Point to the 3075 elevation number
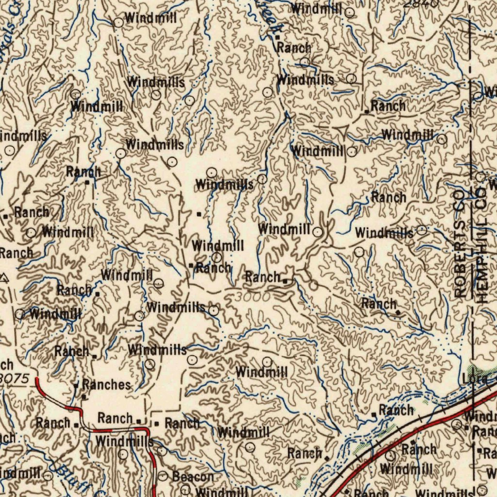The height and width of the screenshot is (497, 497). [x=16, y=377]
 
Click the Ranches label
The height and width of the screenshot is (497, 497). [x=106, y=385]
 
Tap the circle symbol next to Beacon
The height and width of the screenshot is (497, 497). [x=163, y=476]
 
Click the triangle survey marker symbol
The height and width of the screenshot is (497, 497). [x=4, y=278]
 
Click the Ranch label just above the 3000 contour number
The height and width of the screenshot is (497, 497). [x=263, y=277]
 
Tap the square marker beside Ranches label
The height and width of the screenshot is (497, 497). [x=76, y=386]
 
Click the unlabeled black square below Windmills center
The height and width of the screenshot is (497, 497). [x=199, y=213]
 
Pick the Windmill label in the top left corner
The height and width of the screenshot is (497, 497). [x=150, y=18]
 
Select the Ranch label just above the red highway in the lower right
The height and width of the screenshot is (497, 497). [x=419, y=449]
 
